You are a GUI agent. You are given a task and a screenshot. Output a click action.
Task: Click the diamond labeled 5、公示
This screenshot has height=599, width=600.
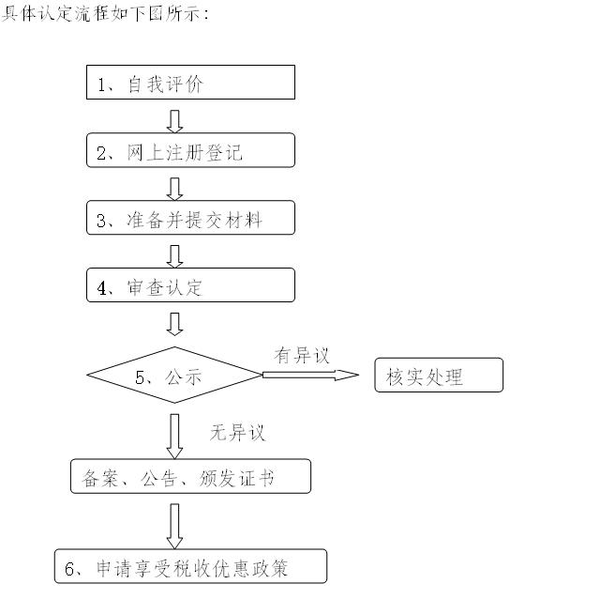(x=174, y=376)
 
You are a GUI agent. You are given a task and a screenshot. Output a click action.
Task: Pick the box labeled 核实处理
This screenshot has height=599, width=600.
(x=439, y=376)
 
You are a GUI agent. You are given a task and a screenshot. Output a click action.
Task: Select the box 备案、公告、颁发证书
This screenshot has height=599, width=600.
(x=190, y=476)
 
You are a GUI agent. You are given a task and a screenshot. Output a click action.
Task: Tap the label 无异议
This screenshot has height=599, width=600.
(x=237, y=433)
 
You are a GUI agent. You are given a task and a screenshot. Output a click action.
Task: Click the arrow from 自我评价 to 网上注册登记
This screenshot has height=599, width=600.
(x=174, y=120)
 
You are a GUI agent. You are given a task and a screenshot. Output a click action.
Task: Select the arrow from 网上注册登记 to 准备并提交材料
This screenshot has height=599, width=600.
(x=174, y=188)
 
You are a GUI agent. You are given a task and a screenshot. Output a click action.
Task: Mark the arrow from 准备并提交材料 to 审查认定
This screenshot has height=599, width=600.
(x=174, y=255)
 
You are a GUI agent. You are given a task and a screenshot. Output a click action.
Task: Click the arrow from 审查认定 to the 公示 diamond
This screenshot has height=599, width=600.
(x=174, y=324)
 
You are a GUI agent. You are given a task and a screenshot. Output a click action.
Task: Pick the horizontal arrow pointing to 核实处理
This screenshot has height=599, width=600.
(x=310, y=376)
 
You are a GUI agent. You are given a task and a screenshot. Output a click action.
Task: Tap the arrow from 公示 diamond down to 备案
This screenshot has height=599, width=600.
(x=174, y=434)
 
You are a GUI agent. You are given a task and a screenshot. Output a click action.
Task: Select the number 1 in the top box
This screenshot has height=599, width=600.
(x=102, y=84)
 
